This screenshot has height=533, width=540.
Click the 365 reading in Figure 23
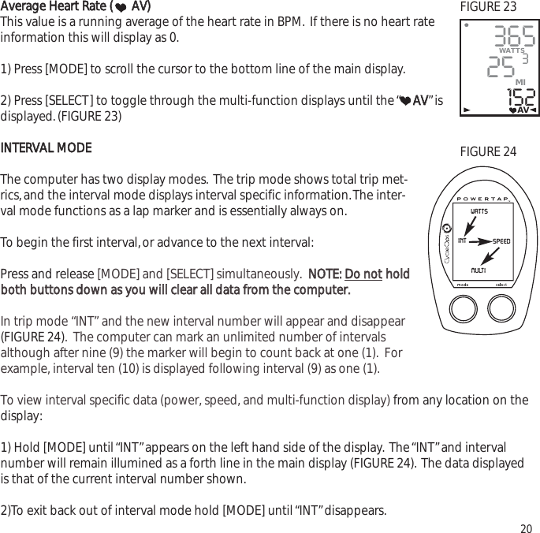coord(514,35)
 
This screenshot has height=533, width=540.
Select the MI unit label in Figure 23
coord(520,81)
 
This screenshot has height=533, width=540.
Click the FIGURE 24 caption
coord(488,151)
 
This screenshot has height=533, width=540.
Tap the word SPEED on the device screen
coord(502,240)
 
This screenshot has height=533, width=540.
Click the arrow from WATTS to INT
coord(471,225)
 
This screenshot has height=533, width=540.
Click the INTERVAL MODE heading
coord(46,148)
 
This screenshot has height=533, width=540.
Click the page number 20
coord(525,527)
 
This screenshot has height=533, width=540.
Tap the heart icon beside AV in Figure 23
coord(512,110)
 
